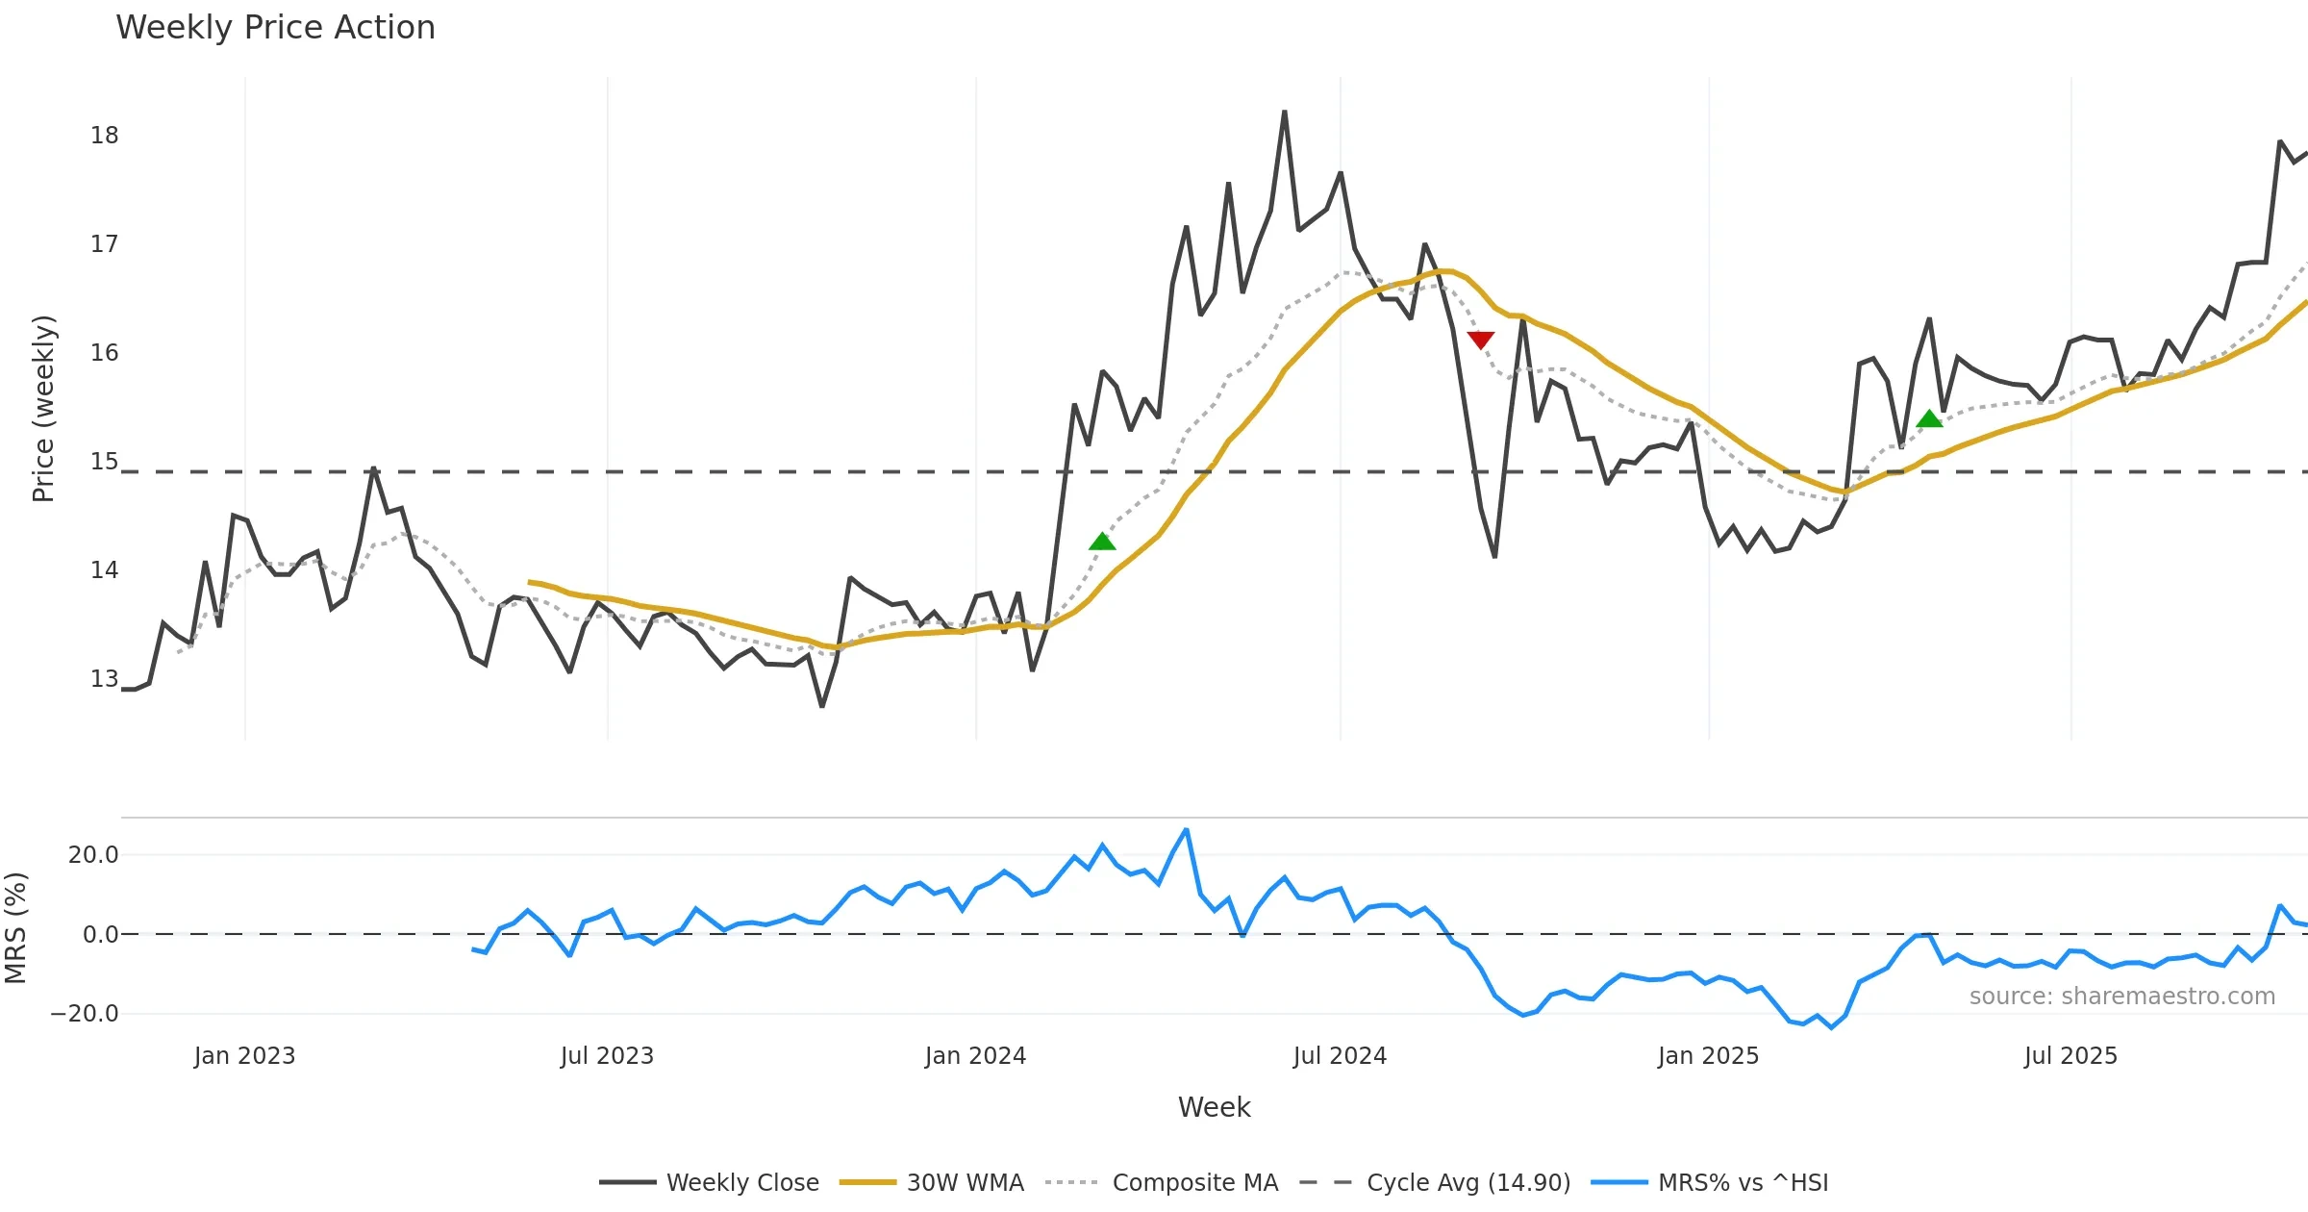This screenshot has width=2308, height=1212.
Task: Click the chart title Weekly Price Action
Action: click(x=275, y=28)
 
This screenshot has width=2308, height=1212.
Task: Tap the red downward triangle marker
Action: click(x=1481, y=340)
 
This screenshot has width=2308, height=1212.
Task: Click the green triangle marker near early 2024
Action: click(x=1102, y=542)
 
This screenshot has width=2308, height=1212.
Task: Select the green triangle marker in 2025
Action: click(x=1929, y=418)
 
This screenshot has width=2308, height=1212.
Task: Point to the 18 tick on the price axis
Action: click(x=105, y=136)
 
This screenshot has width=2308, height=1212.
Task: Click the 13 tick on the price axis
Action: click(x=105, y=679)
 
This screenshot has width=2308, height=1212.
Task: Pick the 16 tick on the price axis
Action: click(x=105, y=353)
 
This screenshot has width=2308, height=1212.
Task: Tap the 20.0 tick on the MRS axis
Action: click(x=93, y=855)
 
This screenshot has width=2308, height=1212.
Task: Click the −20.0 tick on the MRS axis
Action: click(x=85, y=1014)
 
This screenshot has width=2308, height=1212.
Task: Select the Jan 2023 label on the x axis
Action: click(x=244, y=1056)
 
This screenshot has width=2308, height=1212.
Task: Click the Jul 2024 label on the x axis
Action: click(x=1340, y=1056)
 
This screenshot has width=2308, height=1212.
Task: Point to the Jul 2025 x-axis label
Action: click(x=2070, y=1056)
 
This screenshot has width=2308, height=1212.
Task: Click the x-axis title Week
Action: click(x=1214, y=1108)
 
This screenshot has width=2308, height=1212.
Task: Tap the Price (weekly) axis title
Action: click(x=43, y=409)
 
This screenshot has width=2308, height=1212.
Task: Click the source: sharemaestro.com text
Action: click(x=2121, y=997)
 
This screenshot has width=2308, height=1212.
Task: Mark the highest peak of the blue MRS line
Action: click(x=1186, y=829)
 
